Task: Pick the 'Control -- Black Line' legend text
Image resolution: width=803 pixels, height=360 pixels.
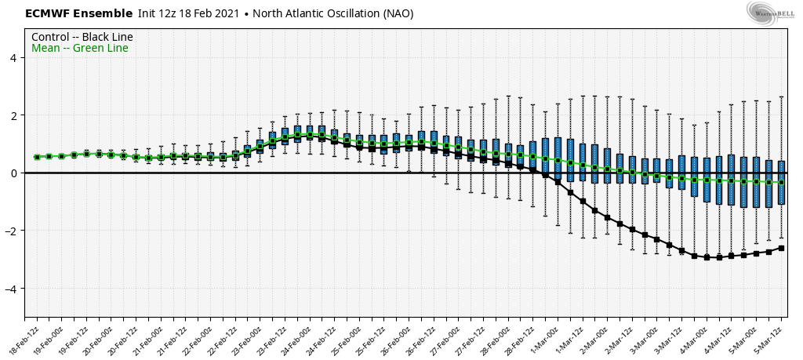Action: coord(82,37)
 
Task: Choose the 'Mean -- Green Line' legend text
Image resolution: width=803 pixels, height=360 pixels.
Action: coord(80,49)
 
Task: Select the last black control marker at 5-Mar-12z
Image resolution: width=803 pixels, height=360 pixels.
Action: coord(781,248)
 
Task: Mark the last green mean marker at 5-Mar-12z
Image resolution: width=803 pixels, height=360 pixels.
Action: coord(781,182)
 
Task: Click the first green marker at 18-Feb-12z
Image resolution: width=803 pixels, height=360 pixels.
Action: coord(37,157)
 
